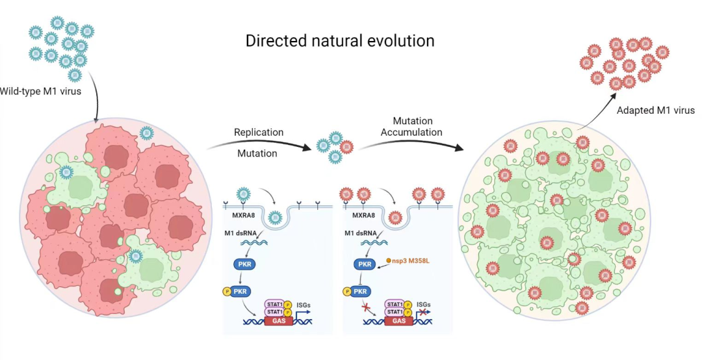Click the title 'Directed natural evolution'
tap(340, 41)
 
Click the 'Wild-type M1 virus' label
tap(41, 91)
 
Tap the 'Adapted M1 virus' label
tap(655, 110)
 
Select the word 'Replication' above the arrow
tap(259, 133)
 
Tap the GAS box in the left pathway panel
tap(279, 321)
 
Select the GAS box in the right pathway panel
tap(400, 321)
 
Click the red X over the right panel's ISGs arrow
tap(422, 312)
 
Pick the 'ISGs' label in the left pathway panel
tap(303, 304)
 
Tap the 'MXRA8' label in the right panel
tap(365, 214)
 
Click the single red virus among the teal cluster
tap(347, 146)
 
